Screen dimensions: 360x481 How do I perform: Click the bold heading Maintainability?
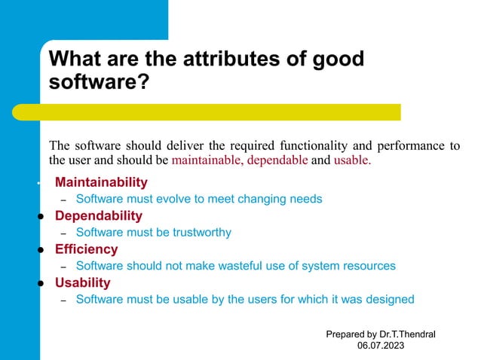101,182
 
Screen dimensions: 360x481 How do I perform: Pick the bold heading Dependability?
98,216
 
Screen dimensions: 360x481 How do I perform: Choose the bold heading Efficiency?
86,249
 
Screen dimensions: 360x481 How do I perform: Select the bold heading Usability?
82,282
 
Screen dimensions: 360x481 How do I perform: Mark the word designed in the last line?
390,299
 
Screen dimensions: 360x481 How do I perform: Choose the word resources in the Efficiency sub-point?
369,266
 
